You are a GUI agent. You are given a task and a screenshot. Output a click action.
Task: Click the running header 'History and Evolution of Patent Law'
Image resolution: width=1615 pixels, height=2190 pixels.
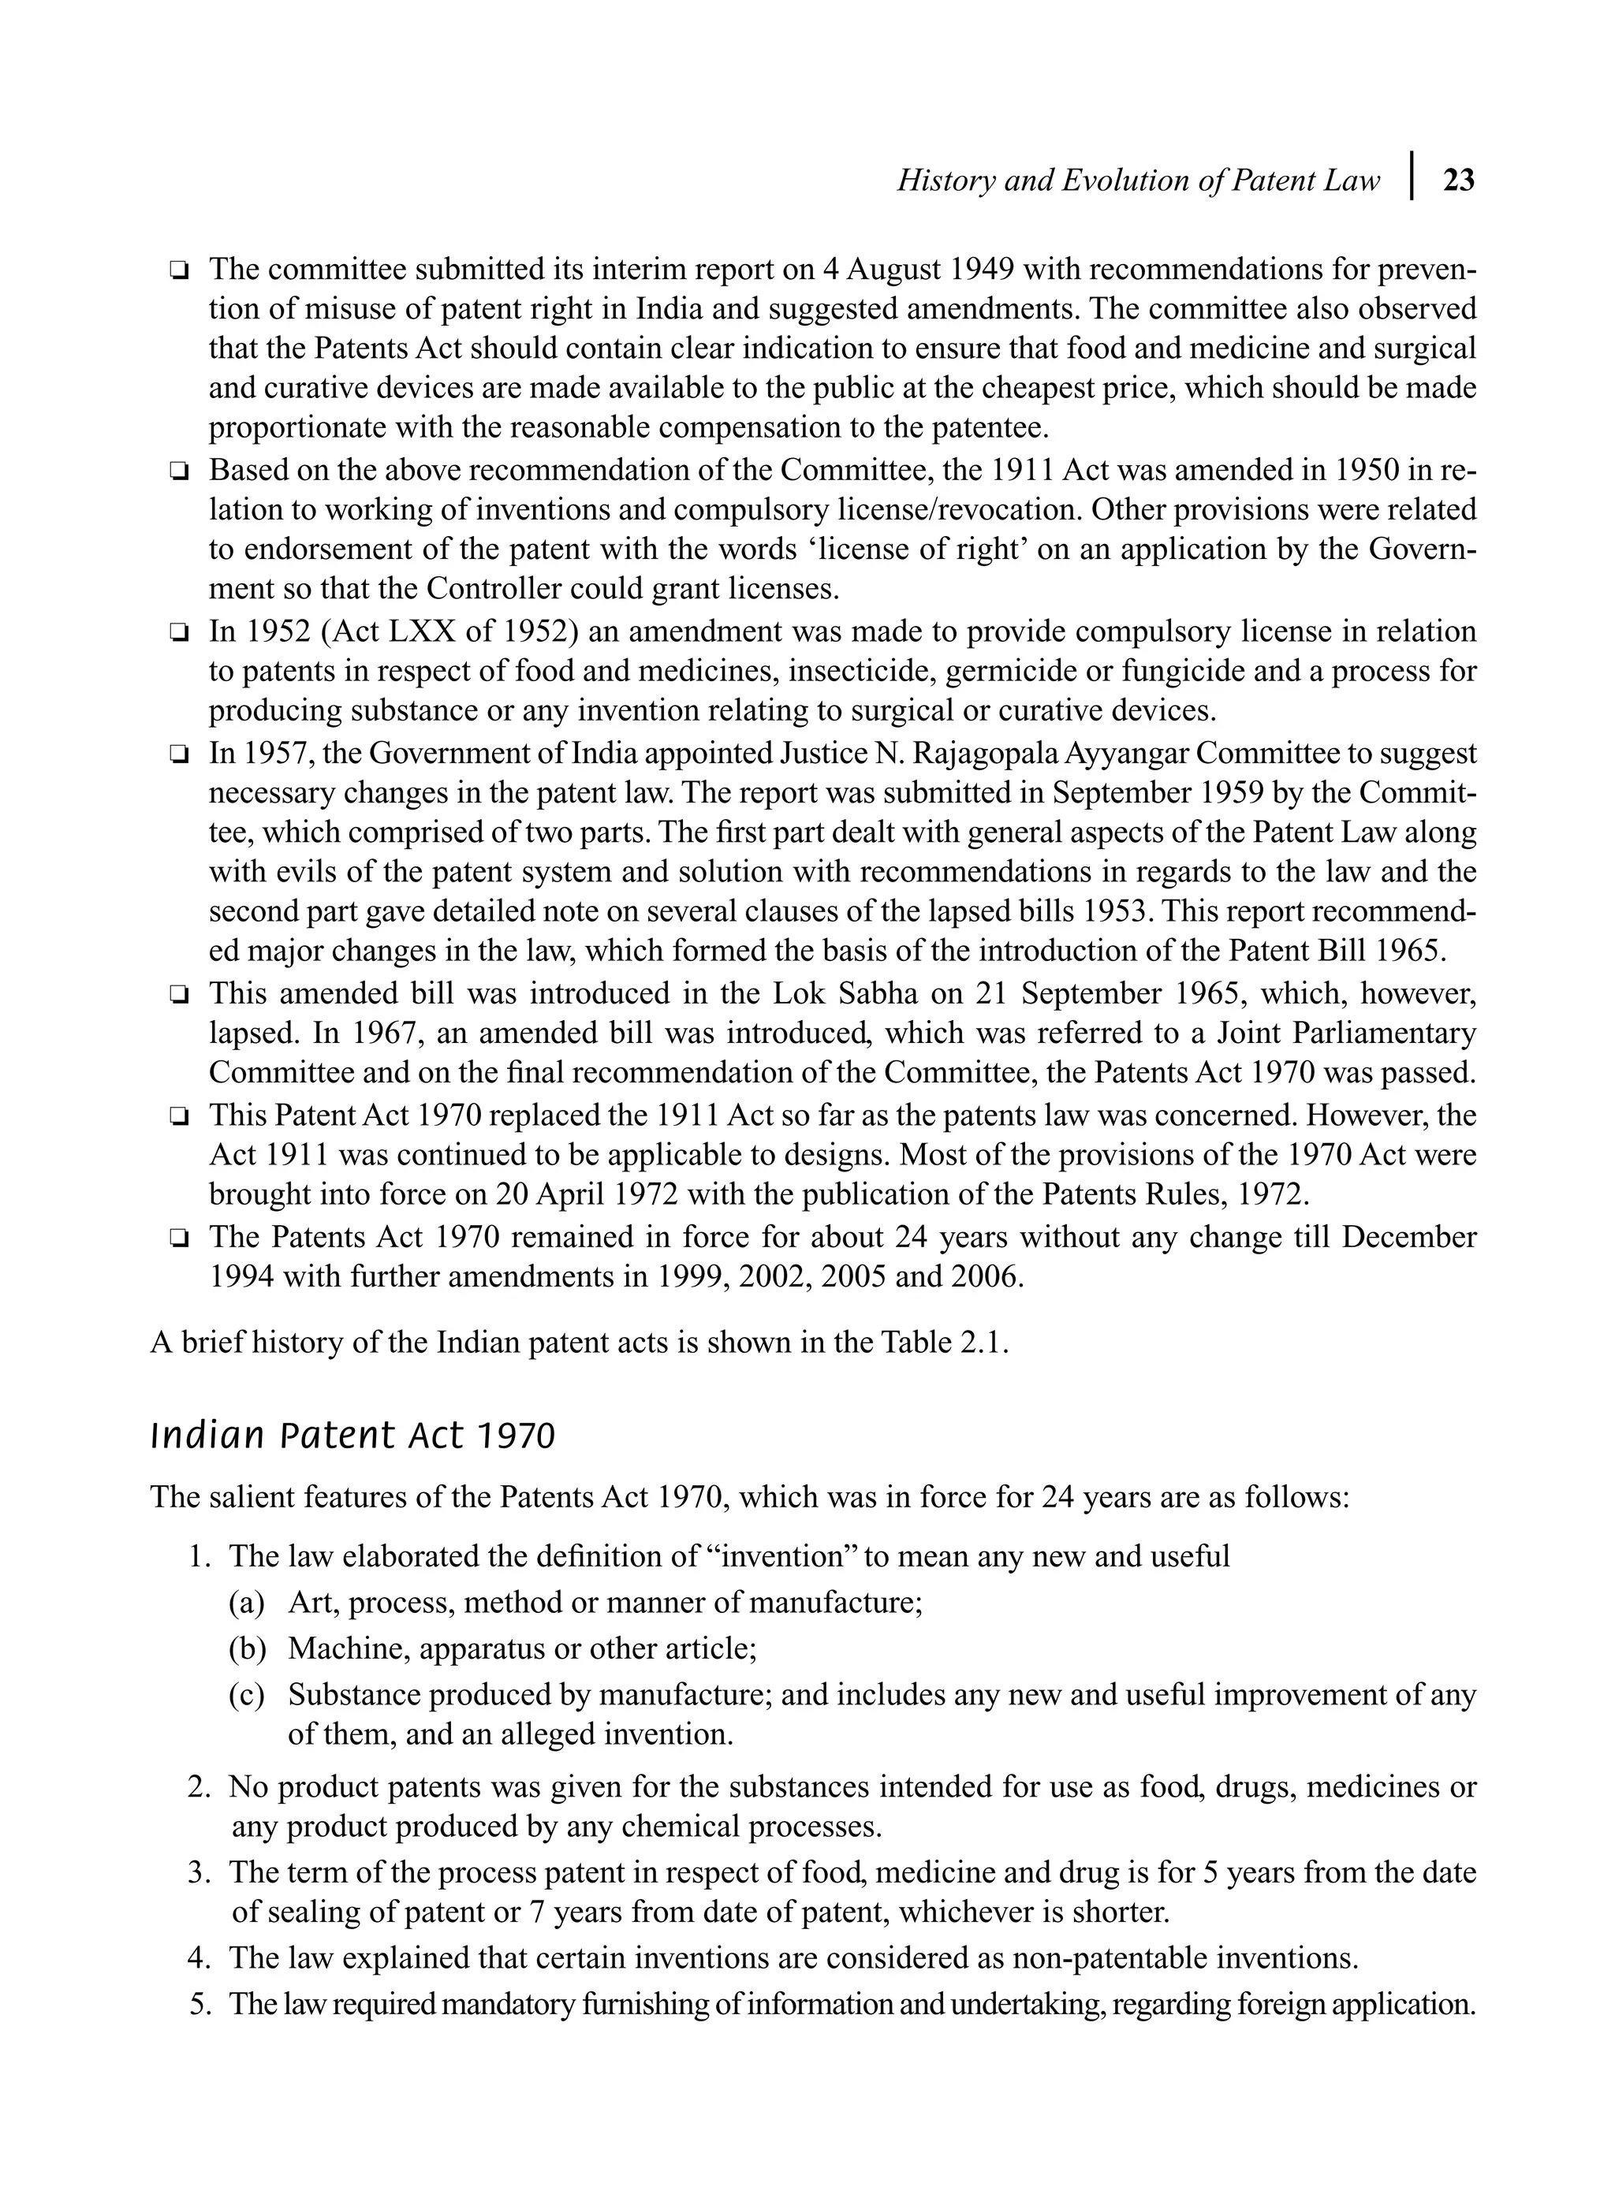[1138, 181]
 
